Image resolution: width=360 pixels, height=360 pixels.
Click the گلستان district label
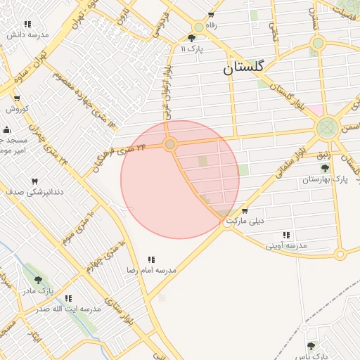pyautogui.click(x=243, y=67)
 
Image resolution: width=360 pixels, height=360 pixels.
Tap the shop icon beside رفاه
pyautogui.click(x=212, y=15)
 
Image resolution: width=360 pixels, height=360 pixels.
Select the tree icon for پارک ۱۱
pyautogui.click(x=192, y=39)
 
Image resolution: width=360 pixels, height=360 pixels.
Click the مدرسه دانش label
pyautogui.click(x=28, y=34)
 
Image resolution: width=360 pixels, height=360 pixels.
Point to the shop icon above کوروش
pyautogui.click(x=17, y=98)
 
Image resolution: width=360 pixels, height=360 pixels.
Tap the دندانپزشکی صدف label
pyautogui.click(x=34, y=191)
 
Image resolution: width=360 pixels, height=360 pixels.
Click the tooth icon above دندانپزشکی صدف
pyautogui.click(x=34, y=181)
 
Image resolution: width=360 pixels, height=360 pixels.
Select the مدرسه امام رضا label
pyautogui.click(x=151, y=270)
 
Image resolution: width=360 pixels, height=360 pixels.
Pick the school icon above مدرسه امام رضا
pyautogui.click(x=152, y=259)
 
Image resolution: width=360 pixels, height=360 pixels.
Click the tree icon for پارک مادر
pyautogui.click(x=38, y=280)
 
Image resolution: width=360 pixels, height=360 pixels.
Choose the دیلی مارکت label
pyautogui.click(x=245, y=220)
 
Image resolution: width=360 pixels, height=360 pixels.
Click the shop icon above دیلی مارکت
pyautogui.click(x=244, y=210)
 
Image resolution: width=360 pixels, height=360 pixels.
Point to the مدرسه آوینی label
pyautogui.click(x=285, y=245)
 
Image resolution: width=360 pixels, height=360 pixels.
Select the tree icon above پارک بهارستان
pyautogui.click(x=325, y=169)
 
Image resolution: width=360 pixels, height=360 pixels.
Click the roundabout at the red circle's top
pyautogui.click(x=169, y=144)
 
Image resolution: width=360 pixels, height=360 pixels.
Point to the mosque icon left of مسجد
pyautogui.click(x=7, y=130)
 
